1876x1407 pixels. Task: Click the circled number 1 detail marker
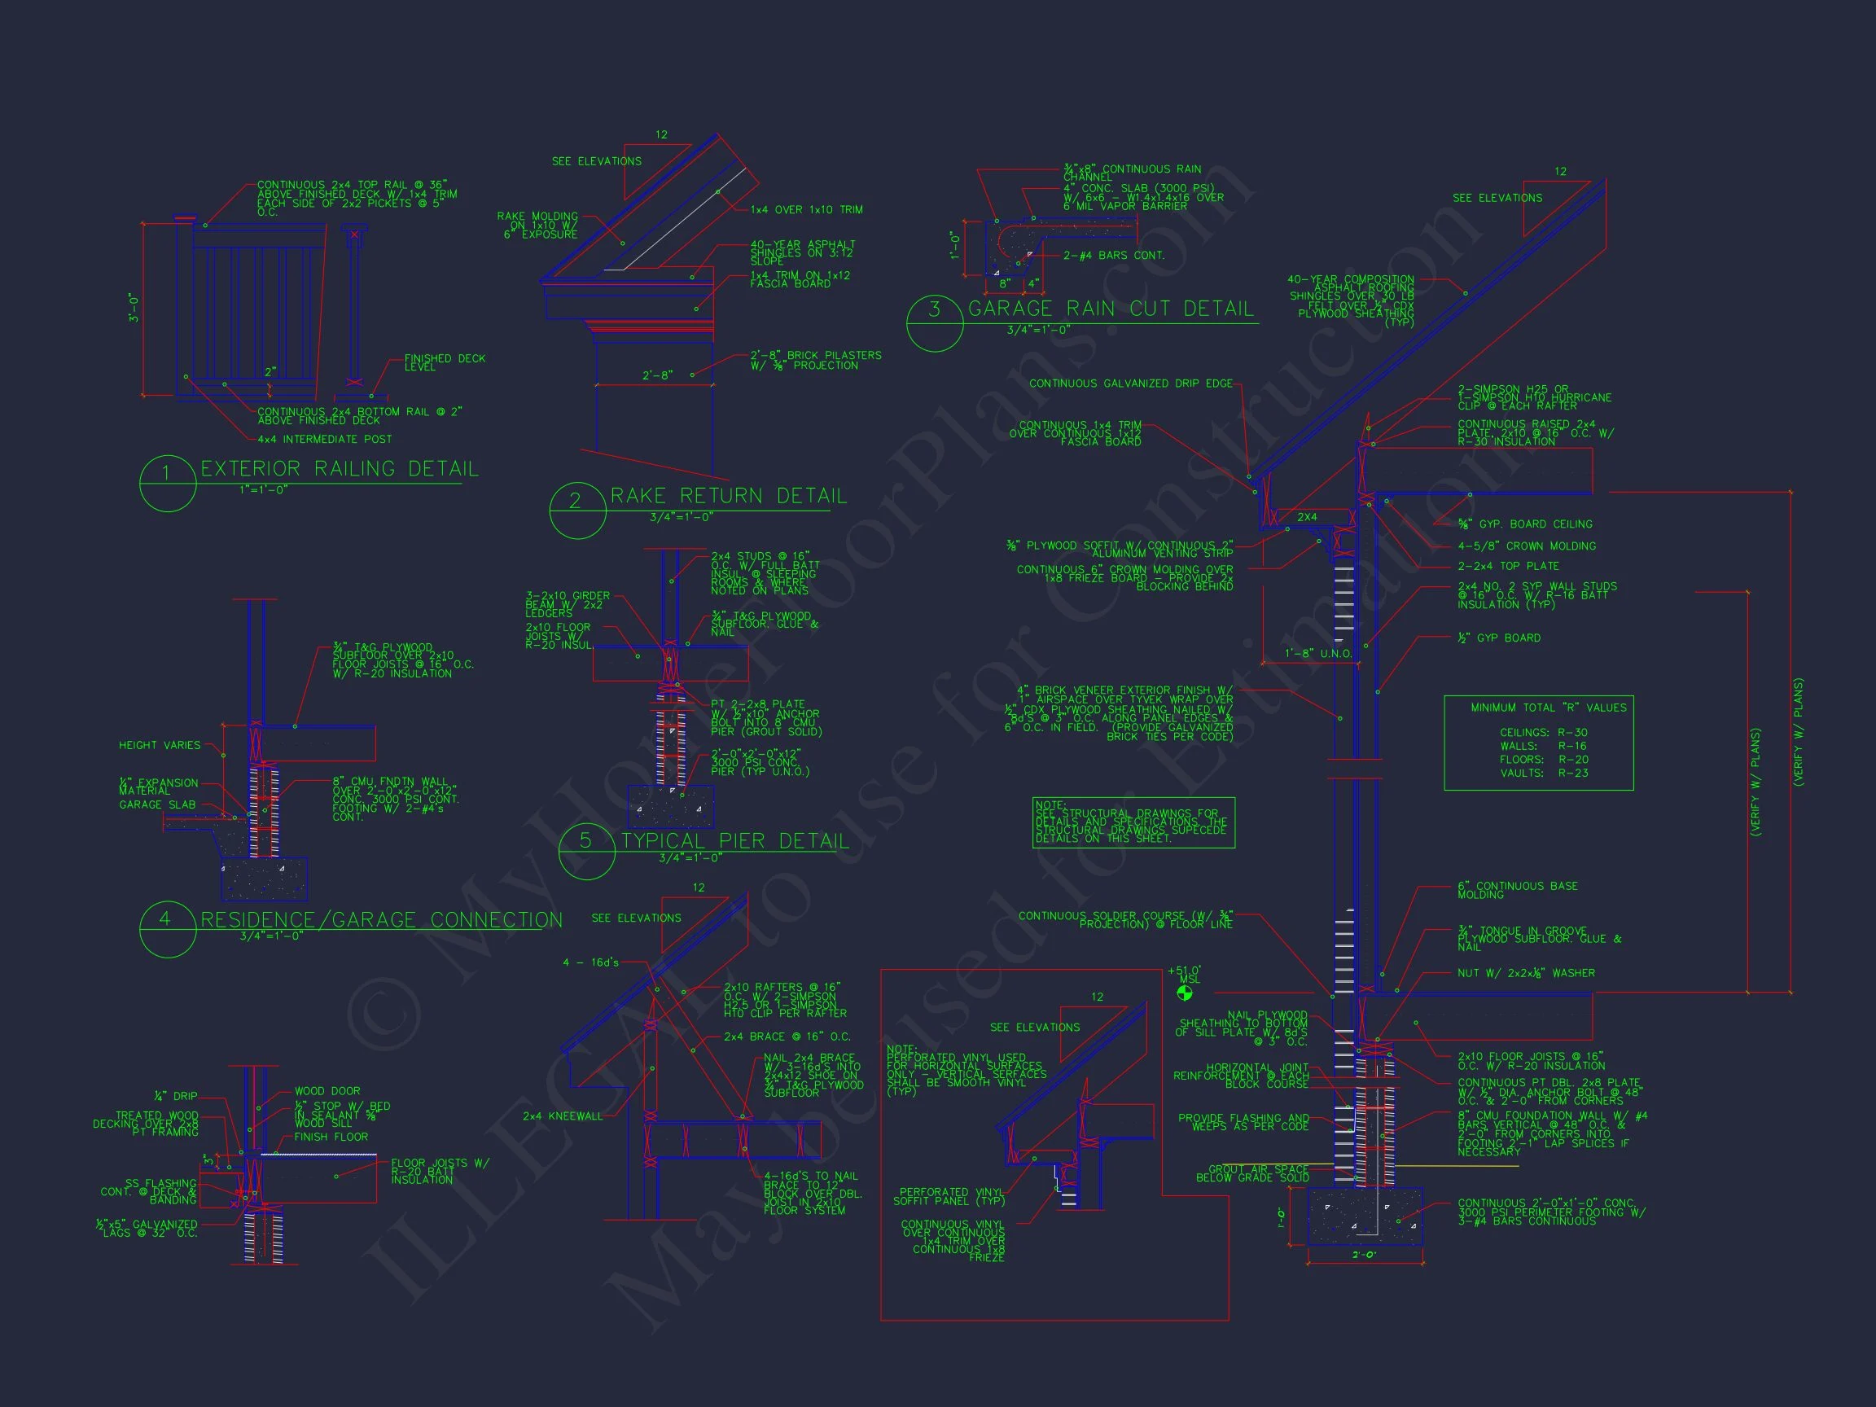[x=167, y=483]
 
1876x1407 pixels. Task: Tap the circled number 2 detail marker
[x=577, y=510]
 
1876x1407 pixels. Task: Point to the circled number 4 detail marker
[x=167, y=929]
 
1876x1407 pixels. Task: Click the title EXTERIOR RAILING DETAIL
[x=340, y=469]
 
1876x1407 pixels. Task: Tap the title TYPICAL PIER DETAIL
[x=734, y=841]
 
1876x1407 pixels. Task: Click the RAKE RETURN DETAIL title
[x=729, y=496]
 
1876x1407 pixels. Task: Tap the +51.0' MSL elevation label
[x=1185, y=975]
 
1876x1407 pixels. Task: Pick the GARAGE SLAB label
[x=157, y=804]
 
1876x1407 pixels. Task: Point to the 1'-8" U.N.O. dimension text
[x=1318, y=654]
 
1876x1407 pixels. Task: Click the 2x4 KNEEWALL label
[x=563, y=1116]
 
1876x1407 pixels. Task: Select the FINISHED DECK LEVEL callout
[x=445, y=362]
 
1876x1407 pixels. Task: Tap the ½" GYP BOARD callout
[x=1498, y=638]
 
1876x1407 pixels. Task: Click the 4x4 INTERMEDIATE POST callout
[x=325, y=440]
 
